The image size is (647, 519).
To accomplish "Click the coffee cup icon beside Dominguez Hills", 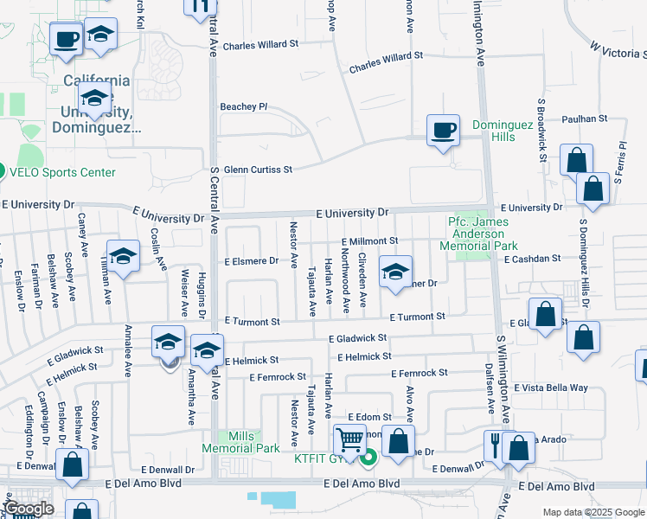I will pyautogui.click(x=444, y=131).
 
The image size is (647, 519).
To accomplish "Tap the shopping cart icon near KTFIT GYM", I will pyautogui.click(x=349, y=439).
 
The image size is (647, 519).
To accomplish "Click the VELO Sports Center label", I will pyautogui.click(x=61, y=172).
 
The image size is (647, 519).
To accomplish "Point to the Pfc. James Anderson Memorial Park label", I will pyautogui.click(x=477, y=234).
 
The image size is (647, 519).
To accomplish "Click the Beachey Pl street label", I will pyautogui.click(x=244, y=106).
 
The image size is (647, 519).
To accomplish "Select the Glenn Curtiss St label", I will pyautogui.click(x=259, y=170).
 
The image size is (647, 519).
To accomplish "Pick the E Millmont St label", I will pyautogui.click(x=369, y=242).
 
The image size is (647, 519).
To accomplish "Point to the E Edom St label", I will pyautogui.click(x=370, y=417).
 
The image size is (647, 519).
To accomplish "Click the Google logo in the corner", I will pyautogui.click(x=29, y=509).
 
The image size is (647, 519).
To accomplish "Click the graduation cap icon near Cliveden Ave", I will pyautogui.click(x=395, y=272).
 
